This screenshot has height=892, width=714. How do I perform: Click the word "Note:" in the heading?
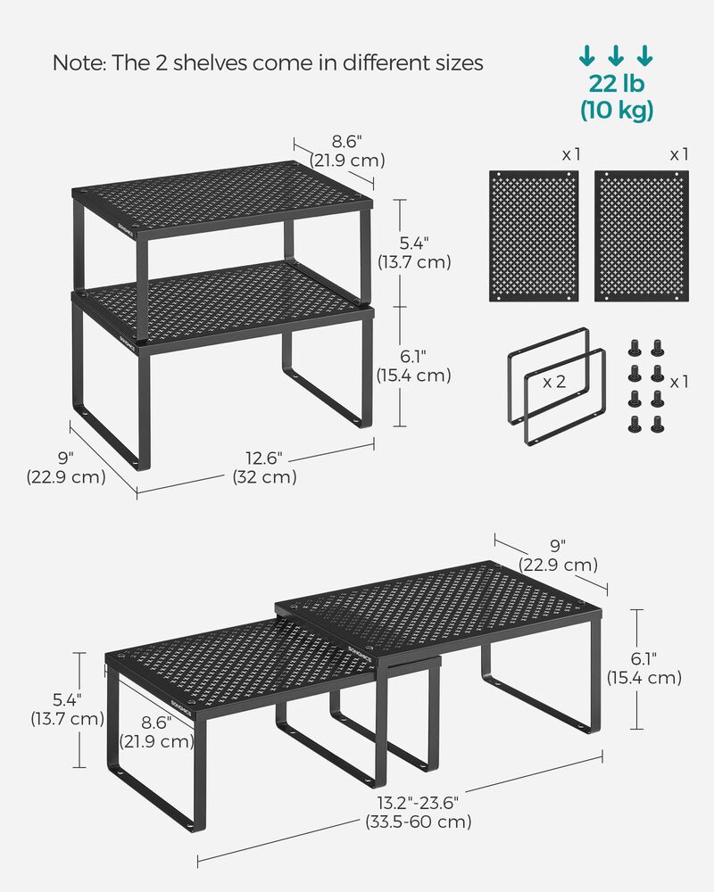[x=78, y=63]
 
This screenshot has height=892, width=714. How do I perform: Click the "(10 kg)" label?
[x=617, y=110]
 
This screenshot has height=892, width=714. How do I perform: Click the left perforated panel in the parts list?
[x=535, y=236]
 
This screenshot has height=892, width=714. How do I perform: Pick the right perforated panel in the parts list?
[x=642, y=236]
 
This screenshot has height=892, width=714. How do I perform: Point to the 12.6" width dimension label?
[x=264, y=458]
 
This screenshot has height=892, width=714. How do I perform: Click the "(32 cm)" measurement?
[x=265, y=477]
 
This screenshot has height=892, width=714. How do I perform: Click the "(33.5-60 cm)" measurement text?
[x=418, y=822]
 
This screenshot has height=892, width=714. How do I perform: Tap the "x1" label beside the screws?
[x=679, y=382]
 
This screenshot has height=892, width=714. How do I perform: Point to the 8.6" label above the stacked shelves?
[x=347, y=142]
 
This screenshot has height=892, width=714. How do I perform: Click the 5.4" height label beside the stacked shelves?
[x=414, y=244]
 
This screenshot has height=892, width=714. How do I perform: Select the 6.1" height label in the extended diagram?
[x=644, y=659]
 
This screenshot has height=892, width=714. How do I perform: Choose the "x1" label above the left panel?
[x=571, y=154]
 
